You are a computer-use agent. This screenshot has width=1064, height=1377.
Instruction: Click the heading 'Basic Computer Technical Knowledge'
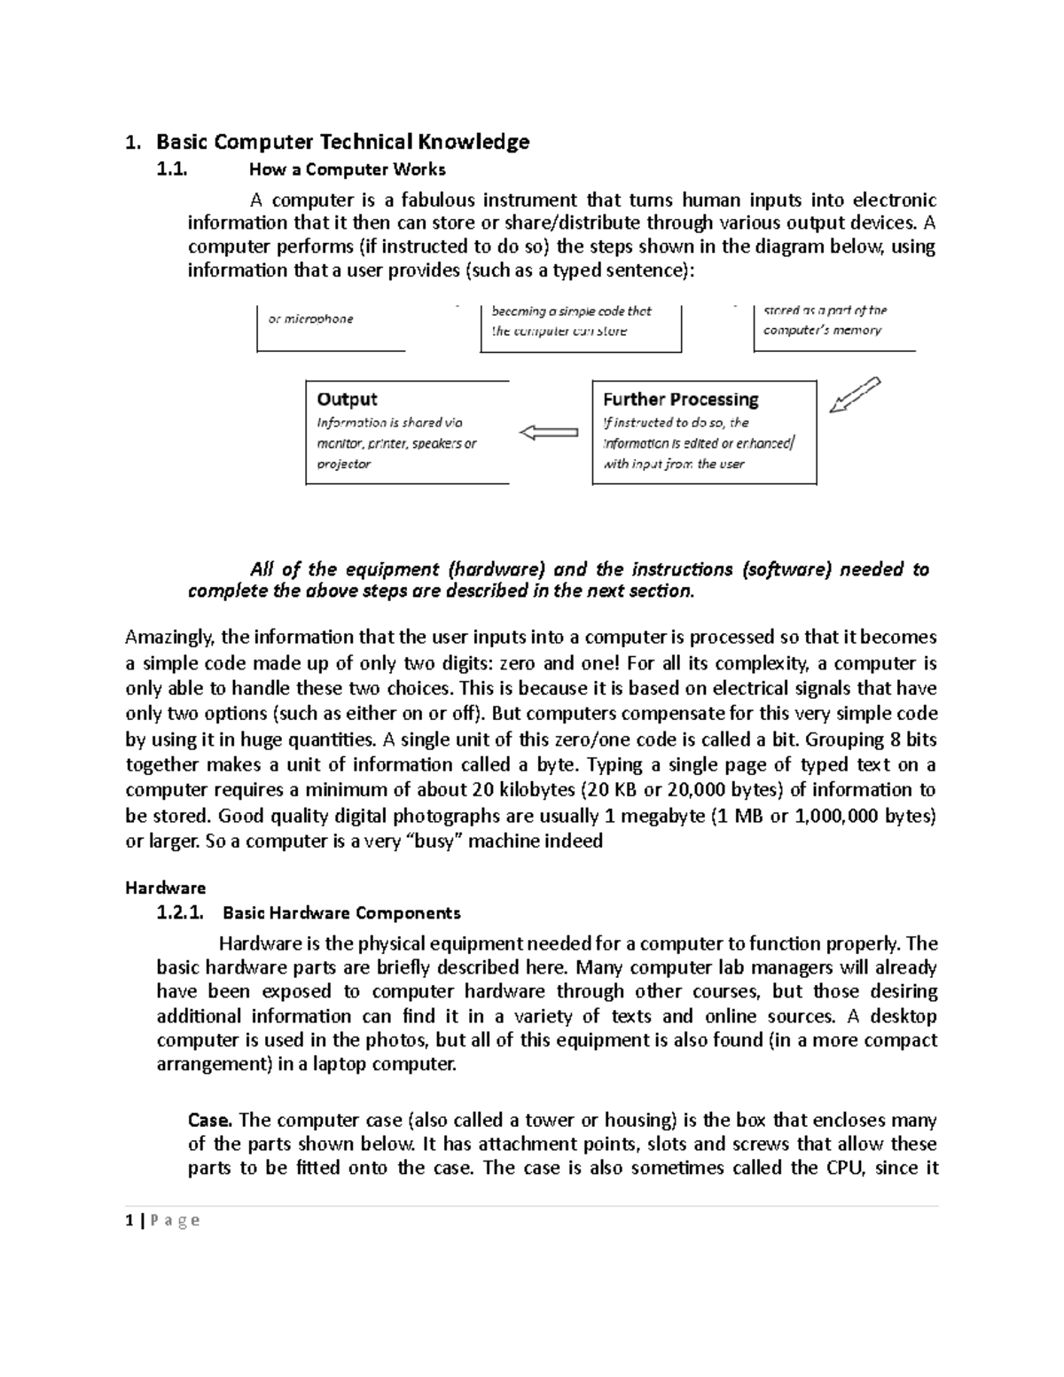(342, 142)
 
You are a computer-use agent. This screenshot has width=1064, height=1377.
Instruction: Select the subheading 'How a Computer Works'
(348, 169)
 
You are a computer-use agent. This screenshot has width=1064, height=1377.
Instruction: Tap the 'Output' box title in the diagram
(347, 399)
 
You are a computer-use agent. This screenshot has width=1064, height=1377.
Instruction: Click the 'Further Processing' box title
(681, 399)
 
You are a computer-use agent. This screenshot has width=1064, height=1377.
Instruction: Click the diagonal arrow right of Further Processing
(854, 395)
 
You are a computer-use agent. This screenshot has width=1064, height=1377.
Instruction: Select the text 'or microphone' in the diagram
(310, 319)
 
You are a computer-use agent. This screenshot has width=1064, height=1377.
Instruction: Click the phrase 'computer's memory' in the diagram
(822, 331)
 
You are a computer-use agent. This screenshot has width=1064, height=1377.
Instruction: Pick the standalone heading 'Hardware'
(166, 888)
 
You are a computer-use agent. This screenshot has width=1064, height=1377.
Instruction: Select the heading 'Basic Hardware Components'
(341, 912)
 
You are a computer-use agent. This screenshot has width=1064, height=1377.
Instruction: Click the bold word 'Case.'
(210, 1120)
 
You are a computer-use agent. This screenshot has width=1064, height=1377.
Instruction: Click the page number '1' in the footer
(129, 1221)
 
